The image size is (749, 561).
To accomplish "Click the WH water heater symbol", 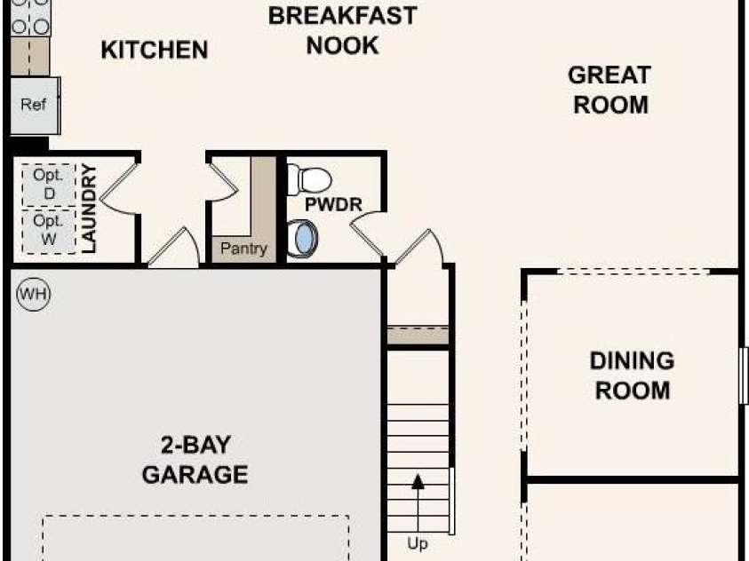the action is [34, 294].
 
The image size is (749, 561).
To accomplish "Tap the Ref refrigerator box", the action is [35, 106].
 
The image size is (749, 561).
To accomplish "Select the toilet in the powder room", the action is [309, 180].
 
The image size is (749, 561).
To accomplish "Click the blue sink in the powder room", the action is [303, 239].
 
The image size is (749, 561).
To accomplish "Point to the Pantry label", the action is [243, 249].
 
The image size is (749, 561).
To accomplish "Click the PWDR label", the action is [333, 204].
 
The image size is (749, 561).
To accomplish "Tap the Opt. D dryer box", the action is [49, 184].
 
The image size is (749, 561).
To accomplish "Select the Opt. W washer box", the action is [49, 231].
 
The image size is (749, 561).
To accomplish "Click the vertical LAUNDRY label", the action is [89, 209].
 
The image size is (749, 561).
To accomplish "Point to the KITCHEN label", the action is [155, 50].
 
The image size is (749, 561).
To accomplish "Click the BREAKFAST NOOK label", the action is [342, 30].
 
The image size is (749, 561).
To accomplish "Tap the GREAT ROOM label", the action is [610, 90].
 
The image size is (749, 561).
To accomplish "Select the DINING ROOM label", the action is [632, 375].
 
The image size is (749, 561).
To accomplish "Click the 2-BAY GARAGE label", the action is [195, 460].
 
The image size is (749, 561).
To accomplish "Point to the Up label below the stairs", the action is [418, 543].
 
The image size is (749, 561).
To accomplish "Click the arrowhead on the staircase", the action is [418, 482].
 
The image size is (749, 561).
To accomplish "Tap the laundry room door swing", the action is [118, 189].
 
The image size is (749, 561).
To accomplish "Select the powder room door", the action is [368, 234].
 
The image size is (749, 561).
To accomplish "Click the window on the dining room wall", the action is [744, 375].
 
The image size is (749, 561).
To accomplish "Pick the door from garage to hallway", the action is [174, 247].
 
